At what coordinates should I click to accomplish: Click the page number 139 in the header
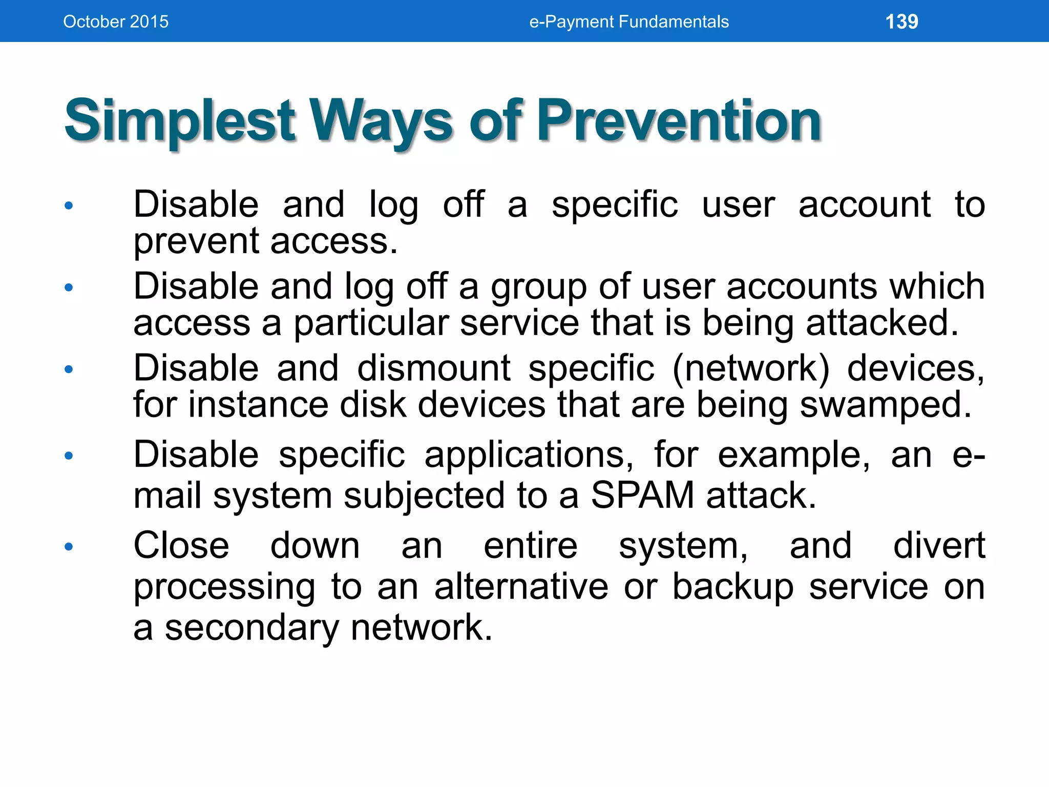tap(901, 22)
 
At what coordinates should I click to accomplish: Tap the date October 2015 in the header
tap(116, 22)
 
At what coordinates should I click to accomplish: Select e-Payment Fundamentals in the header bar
tap(628, 22)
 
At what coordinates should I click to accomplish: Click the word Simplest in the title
tap(180, 121)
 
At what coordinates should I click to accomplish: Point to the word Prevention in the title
tap(679, 121)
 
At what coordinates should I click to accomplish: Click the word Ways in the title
tap(382, 121)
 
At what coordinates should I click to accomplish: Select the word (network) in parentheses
tap(750, 368)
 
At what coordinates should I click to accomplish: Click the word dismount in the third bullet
tap(433, 368)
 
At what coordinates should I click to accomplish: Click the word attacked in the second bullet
tap(882, 323)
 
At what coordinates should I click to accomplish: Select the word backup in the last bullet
tap(733, 587)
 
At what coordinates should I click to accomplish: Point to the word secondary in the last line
tap(251, 628)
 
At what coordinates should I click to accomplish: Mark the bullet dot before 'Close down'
tap(69, 547)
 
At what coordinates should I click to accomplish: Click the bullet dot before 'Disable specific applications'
tap(69, 455)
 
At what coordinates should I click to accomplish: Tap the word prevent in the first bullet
tap(196, 241)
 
